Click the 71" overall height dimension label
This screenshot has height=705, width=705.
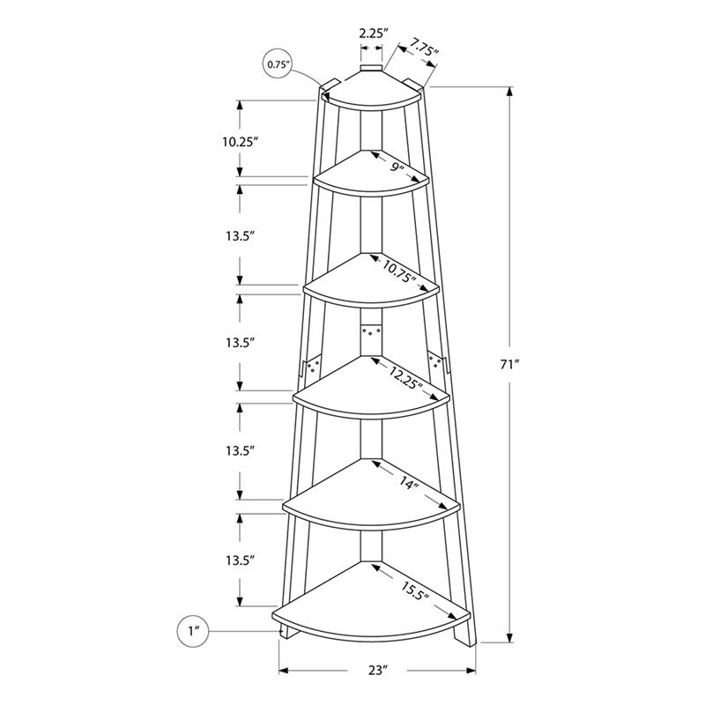point(508,365)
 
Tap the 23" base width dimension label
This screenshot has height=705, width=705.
point(378,671)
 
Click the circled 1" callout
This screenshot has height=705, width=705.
point(194,630)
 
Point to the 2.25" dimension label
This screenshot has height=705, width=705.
point(371,34)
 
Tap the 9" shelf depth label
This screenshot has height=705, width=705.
point(398,167)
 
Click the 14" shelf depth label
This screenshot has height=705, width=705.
point(407,484)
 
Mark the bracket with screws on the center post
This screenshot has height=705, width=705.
point(370,336)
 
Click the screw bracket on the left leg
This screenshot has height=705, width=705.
point(310,365)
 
